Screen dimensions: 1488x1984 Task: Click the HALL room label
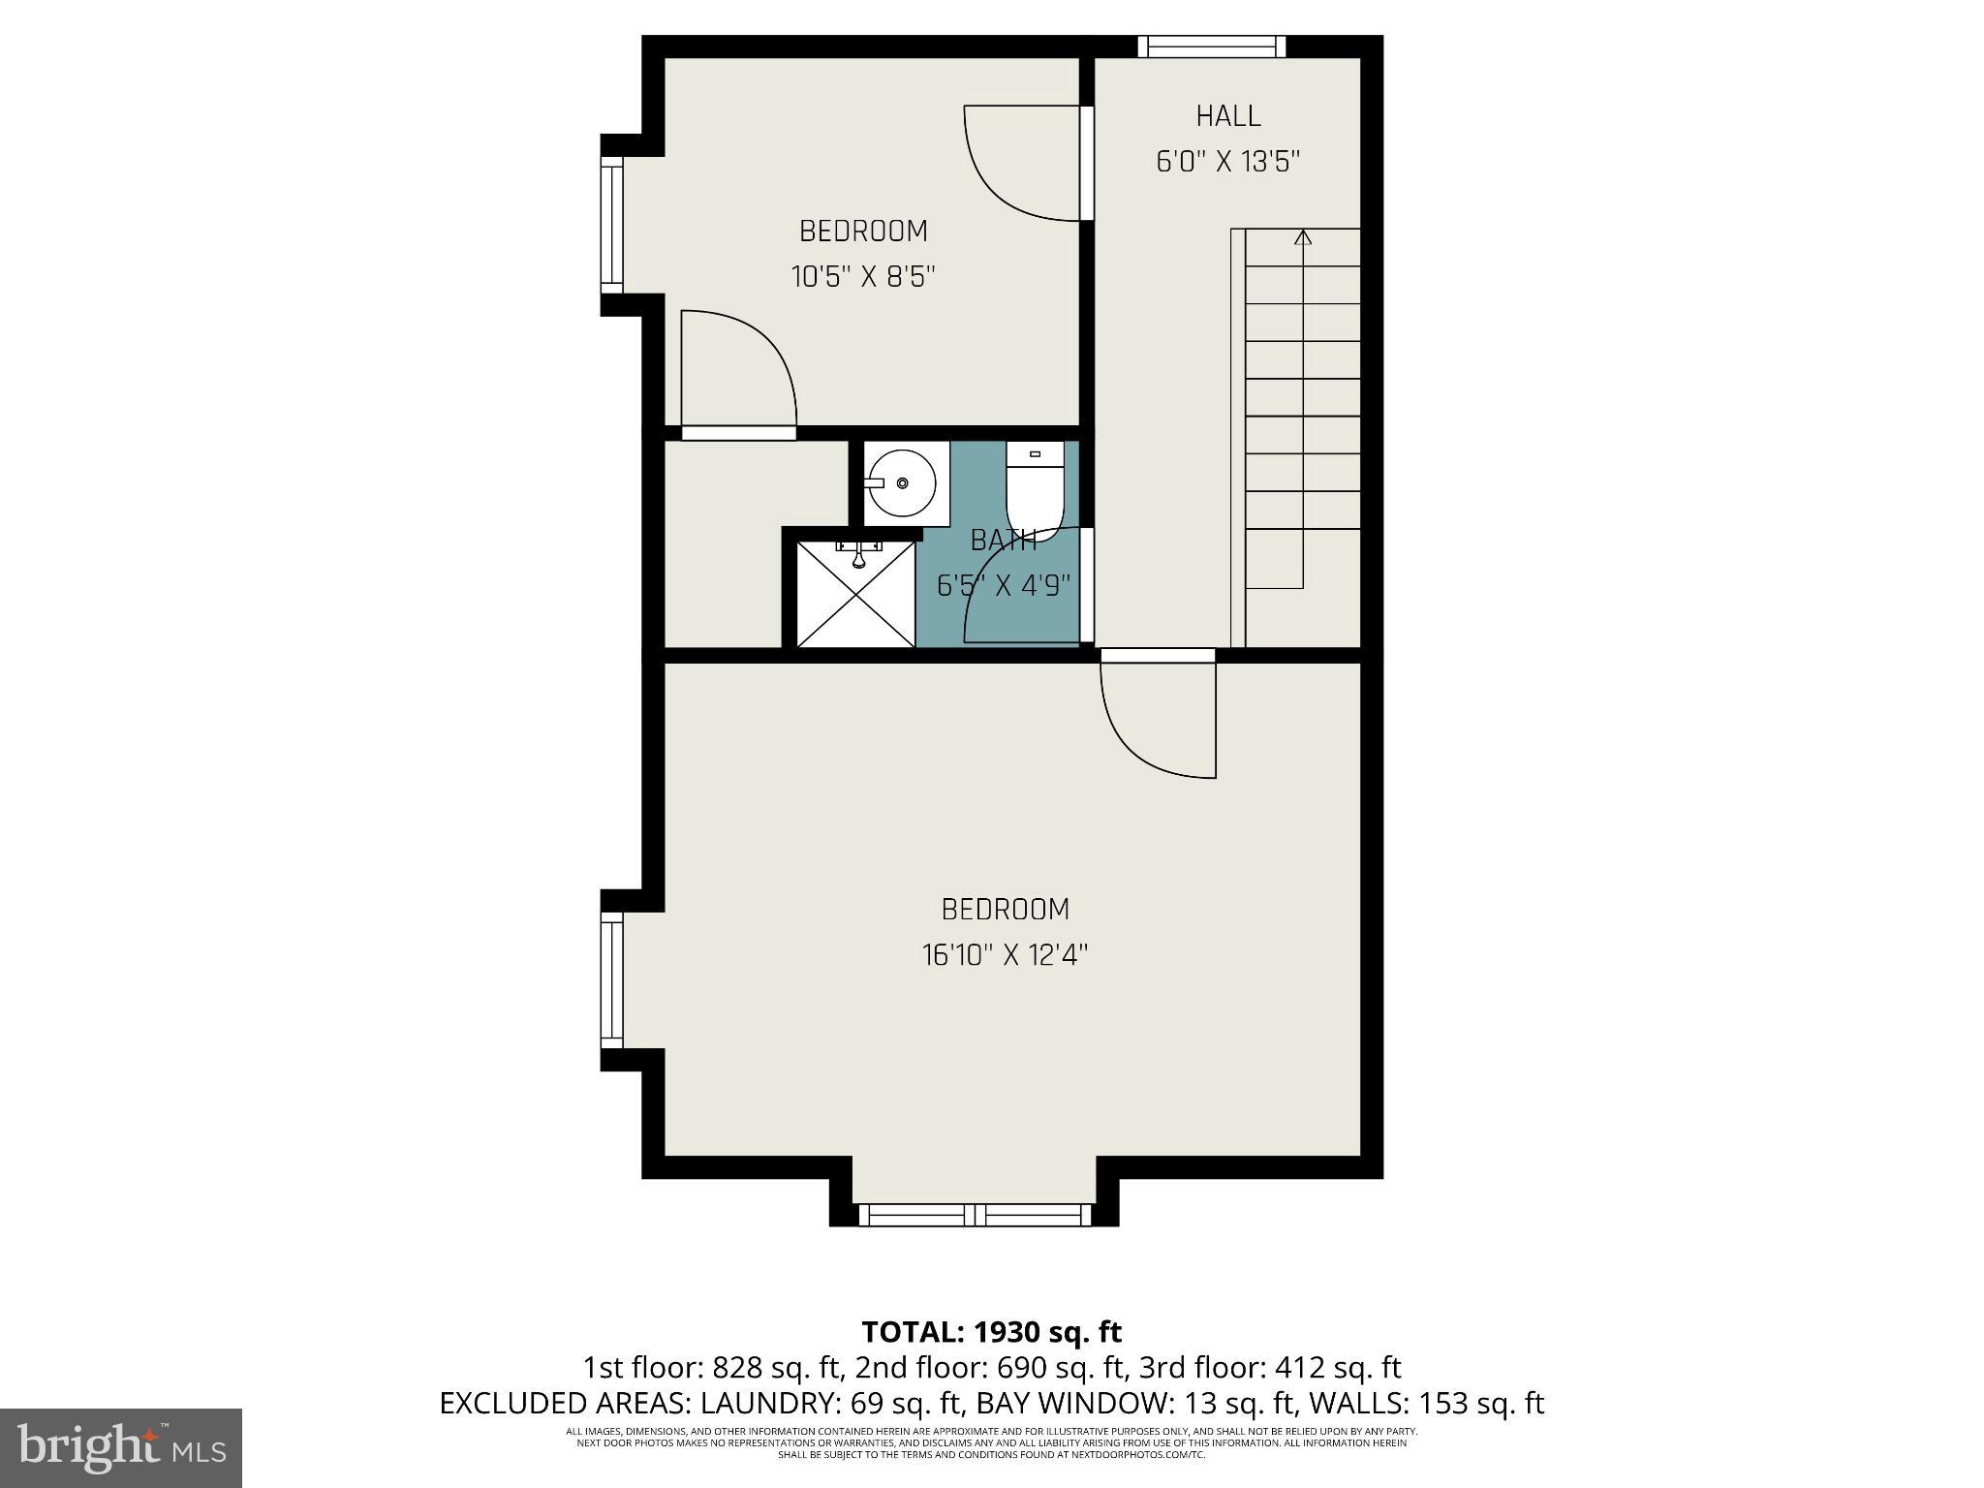1227,116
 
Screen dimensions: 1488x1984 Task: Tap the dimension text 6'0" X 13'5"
1227,162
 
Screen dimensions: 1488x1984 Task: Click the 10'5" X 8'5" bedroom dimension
863,278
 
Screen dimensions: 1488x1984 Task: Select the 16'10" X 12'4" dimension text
1005,956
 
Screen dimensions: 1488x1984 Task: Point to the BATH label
1004,541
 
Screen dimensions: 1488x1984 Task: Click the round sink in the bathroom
902,482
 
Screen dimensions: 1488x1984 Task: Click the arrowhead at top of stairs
1303,237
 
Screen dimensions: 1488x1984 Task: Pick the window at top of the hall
1211,46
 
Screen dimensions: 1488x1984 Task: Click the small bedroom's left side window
611,227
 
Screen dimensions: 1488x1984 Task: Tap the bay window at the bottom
975,1215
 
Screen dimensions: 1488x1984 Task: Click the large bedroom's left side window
611,979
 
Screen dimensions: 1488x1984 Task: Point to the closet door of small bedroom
739,373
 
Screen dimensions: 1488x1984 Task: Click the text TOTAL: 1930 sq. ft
991,1332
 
